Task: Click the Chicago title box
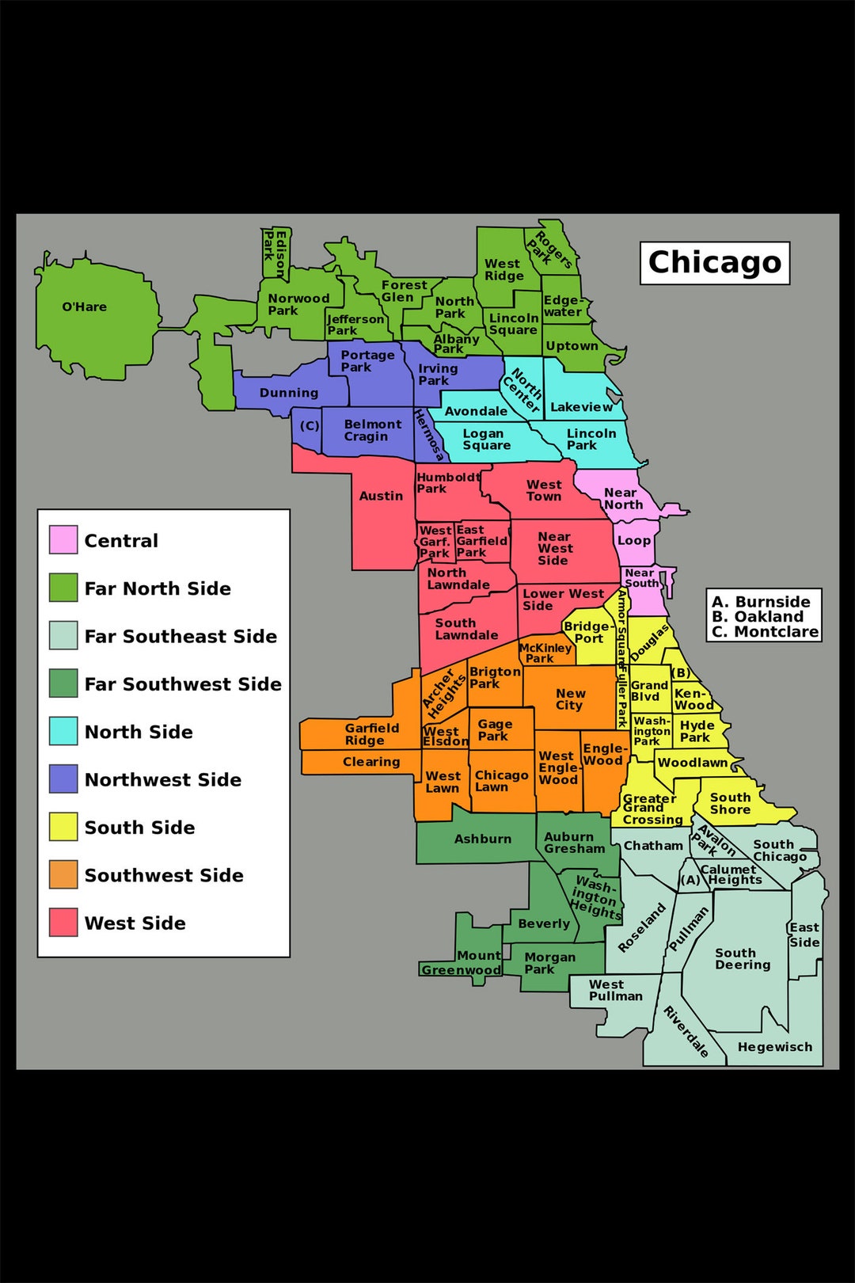coord(714,263)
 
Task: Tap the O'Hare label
coord(84,307)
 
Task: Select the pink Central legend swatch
coord(63,539)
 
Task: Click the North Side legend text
coord(139,732)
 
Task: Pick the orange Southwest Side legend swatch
coord(63,874)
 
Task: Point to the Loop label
coord(634,541)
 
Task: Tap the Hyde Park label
coord(697,731)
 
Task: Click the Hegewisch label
coord(774,1047)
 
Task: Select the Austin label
coord(381,497)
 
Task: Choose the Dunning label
coord(288,393)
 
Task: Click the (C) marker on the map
coord(309,426)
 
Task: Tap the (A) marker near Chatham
coord(690,880)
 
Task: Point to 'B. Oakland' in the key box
coord(758,616)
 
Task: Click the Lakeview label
coord(581,407)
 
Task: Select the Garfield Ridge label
coord(370,734)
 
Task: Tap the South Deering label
coord(742,959)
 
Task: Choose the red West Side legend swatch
coord(63,923)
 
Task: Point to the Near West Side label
coord(555,549)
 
